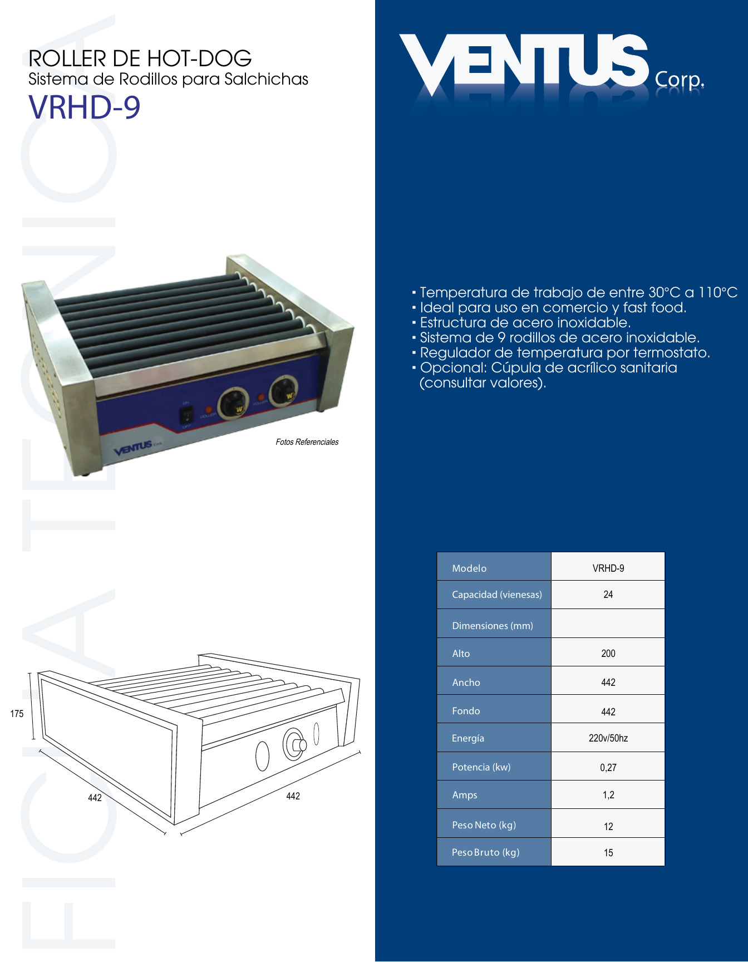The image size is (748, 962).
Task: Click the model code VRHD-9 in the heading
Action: click(x=84, y=107)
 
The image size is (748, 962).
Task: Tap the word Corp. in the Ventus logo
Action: click(x=680, y=80)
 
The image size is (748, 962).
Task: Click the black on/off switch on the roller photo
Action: click(x=186, y=415)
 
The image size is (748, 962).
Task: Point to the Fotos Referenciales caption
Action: click(x=307, y=442)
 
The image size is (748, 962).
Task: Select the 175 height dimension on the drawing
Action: click(x=17, y=714)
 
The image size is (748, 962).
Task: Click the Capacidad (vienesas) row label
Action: click(x=497, y=595)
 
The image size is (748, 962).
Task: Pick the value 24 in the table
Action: click(x=608, y=595)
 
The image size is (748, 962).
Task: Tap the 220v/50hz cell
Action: click(x=608, y=738)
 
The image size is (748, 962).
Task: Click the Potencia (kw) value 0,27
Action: click(x=608, y=768)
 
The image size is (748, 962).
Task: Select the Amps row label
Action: click(x=465, y=795)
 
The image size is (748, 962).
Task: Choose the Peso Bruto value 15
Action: click(x=608, y=853)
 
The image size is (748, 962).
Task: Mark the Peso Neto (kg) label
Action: click(x=484, y=825)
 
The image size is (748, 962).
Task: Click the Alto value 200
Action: click(x=608, y=654)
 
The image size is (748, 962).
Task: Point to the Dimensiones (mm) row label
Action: click(x=493, y=626)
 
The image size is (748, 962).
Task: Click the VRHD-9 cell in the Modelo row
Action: click(x=608, y=568)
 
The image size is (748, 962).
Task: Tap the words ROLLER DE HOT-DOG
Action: click(x=140, y=58)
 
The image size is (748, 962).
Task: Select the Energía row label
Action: click(x=468, y=738)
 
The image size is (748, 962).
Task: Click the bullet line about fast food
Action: click(x=549, y=308)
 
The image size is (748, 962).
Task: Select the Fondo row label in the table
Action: click(x=466, y=711)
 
